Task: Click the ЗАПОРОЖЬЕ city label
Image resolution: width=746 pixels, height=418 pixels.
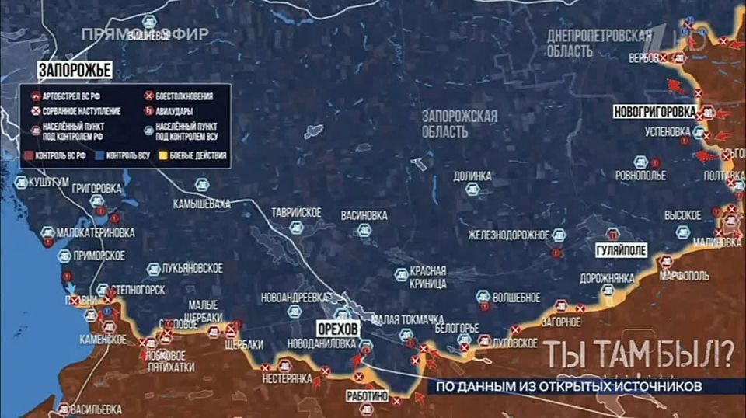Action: [75, 71]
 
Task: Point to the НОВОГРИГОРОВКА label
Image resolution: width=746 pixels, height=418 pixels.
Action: [654, 111]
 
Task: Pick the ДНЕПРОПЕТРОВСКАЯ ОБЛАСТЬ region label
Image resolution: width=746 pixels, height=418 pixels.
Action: [598, 43]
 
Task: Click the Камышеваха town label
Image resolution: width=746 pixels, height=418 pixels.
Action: [202, 204]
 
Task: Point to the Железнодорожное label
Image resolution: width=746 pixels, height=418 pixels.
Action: [519, 235]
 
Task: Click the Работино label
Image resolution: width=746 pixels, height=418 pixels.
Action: [368, 395]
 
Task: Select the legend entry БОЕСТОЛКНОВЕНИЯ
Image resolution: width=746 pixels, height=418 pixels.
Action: [183, 97]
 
